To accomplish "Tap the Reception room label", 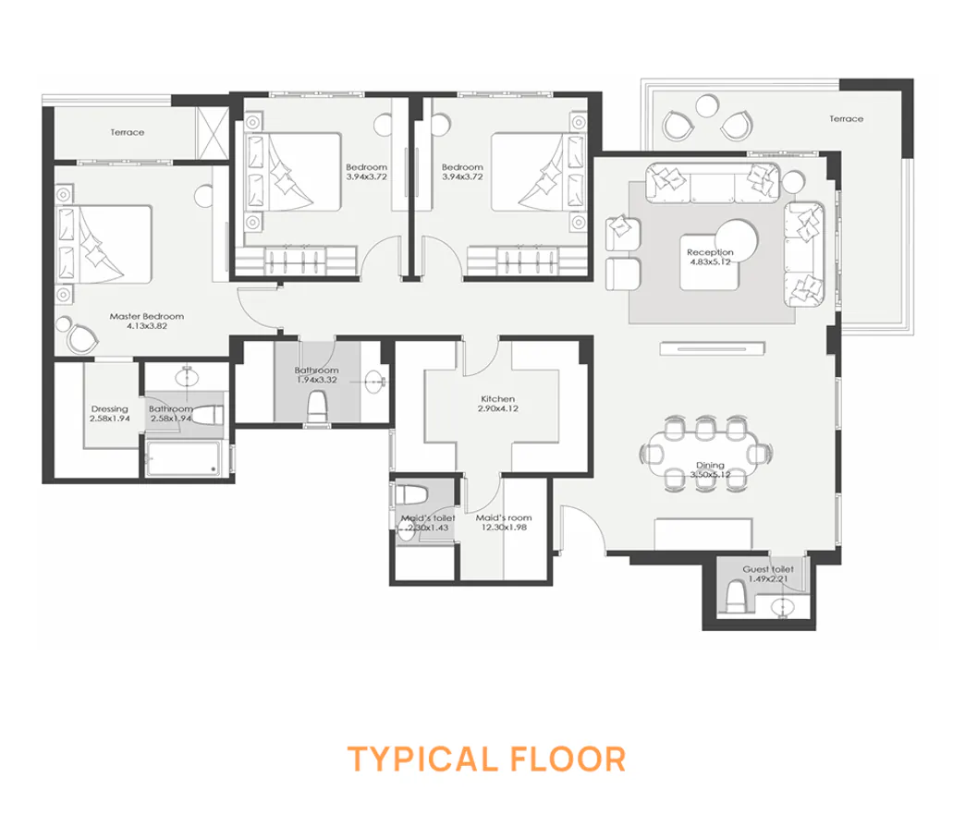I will [710, 251].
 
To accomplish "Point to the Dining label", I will [710, 466].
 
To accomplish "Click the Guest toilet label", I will [764, 569].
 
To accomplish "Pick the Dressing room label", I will [109, 409].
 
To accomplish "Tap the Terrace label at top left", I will [127, 132].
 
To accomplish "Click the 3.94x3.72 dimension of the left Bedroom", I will [366, 176].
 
